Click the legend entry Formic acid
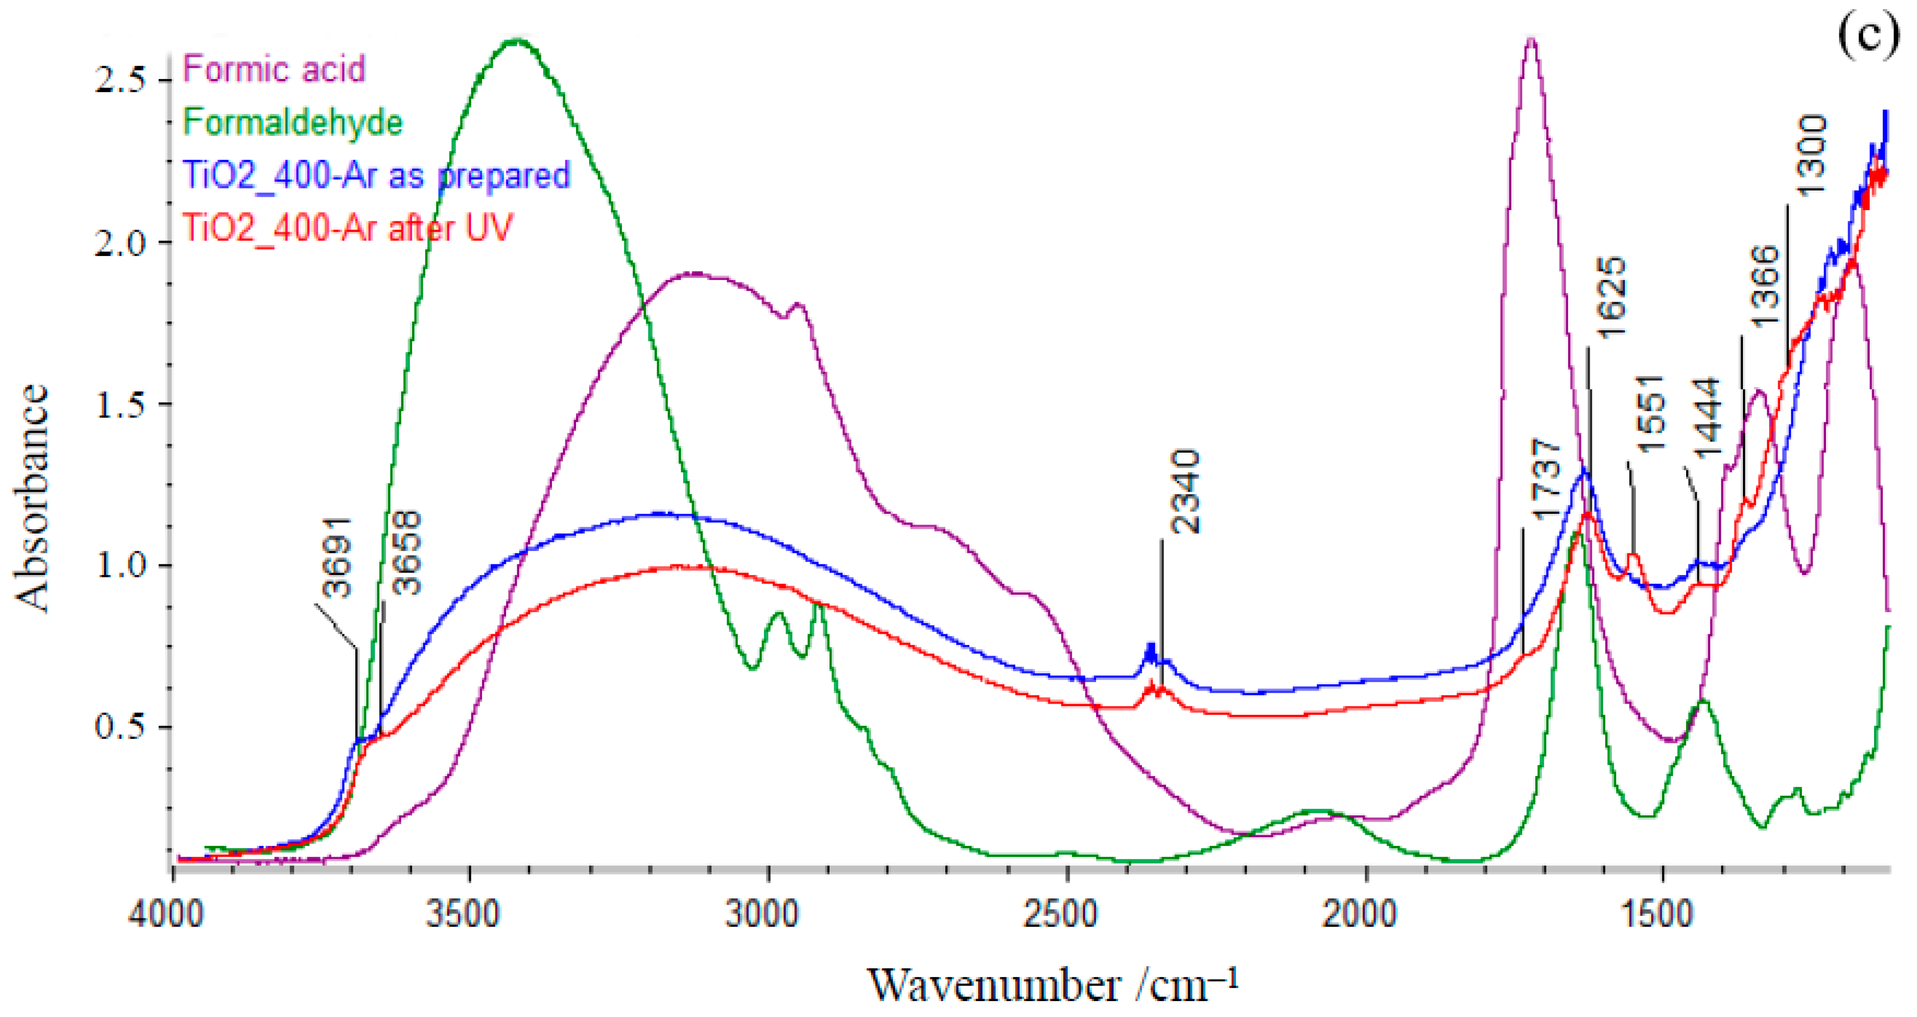(x=274, y=70)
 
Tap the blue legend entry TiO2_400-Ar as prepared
(x=376, y=175)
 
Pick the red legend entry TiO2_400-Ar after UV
(x=348, y=227)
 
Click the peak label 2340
(x=1185, y=491)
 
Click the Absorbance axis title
(x=31, y=498)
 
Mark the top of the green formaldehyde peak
(x=516, y=41)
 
